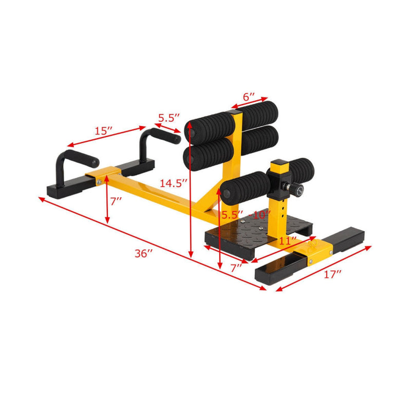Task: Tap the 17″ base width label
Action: tap(333, 275)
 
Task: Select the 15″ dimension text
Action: tap(103, 131)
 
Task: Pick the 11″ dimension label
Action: tap(288, 240)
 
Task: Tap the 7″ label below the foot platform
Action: tap(236, 267)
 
